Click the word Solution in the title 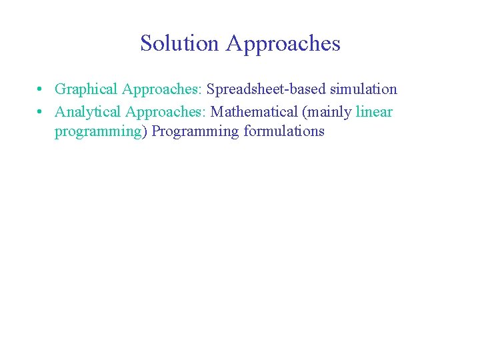179,44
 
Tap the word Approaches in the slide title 283,44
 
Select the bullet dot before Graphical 41,89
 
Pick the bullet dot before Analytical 41,111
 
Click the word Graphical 86,89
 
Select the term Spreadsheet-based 266,89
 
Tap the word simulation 363,89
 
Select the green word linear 374,111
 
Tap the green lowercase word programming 97,131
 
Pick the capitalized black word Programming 195,131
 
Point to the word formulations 284,131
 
